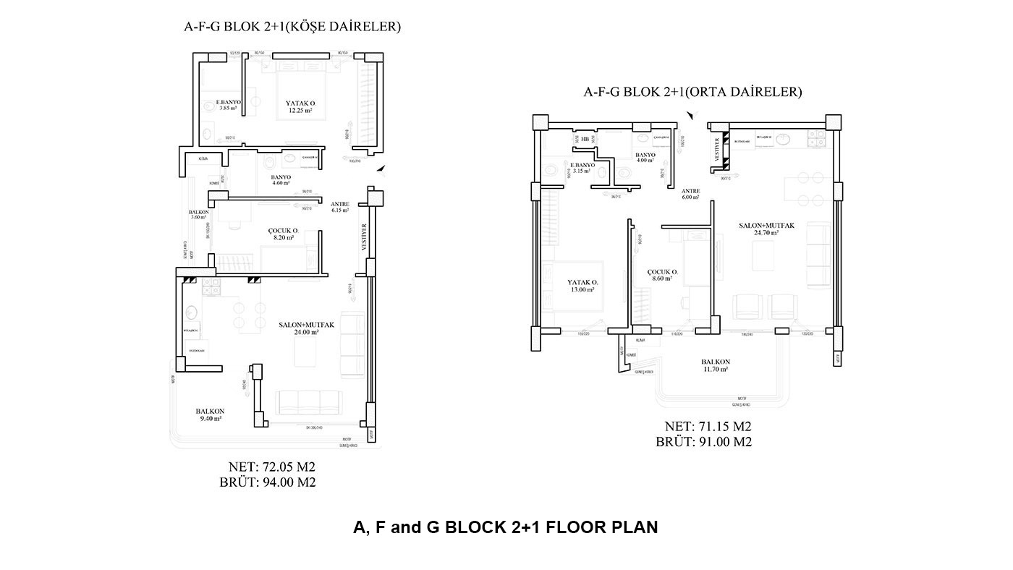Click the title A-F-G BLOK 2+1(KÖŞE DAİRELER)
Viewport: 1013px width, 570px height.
292,27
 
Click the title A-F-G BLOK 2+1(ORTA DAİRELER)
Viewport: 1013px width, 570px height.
692,92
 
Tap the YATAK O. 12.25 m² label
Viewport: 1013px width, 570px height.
299,107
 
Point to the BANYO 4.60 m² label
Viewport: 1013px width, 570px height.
281,180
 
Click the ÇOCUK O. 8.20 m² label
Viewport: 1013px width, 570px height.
282,234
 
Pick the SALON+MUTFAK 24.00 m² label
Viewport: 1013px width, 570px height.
306,329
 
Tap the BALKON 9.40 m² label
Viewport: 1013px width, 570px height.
210,414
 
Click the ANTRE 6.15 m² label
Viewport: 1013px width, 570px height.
339,208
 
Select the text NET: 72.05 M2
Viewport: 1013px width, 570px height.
271,467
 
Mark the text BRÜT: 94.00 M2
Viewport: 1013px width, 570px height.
268,482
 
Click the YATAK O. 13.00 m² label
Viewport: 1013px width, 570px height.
582,286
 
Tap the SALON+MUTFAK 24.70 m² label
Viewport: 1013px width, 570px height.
766,229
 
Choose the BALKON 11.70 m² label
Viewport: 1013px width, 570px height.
715,365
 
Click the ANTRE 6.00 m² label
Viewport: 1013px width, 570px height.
690,193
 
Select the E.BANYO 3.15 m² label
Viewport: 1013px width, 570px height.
582,169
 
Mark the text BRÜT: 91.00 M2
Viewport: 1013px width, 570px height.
704,442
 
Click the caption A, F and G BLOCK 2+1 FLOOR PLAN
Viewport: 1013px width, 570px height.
505,527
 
